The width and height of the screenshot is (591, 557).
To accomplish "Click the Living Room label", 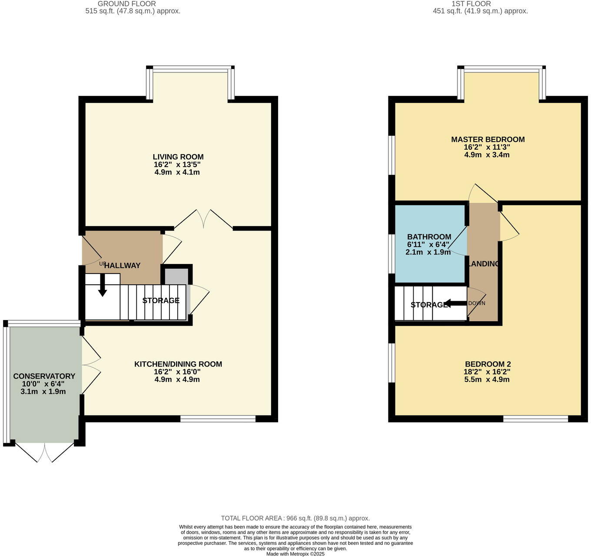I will coord(178,157).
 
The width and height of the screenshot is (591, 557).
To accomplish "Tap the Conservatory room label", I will coord(44,376).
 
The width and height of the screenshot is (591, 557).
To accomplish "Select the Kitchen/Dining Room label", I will coord(178,364).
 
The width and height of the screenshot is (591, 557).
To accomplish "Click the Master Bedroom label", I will coord(488,139).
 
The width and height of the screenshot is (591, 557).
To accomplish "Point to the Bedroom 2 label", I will coord(488,364).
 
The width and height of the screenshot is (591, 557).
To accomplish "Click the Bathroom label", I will coord(429,237).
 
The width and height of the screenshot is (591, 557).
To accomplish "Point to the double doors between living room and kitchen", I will coord(203,219).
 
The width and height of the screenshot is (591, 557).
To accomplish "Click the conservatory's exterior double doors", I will coord(44,452).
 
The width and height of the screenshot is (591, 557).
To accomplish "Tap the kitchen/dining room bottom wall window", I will coord(218,419).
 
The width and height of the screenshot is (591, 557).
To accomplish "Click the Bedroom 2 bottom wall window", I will coord(535,419).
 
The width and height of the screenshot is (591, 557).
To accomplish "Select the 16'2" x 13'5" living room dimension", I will coord(177,165).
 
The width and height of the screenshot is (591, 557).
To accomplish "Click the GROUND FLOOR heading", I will coord(126,4).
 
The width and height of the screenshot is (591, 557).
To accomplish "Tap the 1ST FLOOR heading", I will coord(471,4).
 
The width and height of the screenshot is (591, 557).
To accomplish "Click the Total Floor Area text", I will coord(295,518).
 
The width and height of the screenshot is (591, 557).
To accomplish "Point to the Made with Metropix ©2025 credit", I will coord(295,554).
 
